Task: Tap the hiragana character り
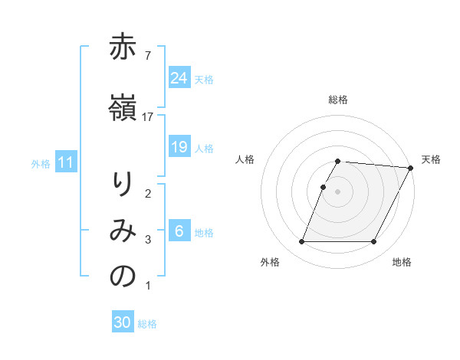(123, 185)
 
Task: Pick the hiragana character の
(123, 277)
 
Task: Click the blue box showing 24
(179, 77)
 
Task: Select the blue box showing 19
(179, 146)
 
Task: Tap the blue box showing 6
(179, 231)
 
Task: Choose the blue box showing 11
(65, 162)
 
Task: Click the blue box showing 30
(123, 322)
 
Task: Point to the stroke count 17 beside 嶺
(148, 116)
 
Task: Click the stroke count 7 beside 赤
(147, 55)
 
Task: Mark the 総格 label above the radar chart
(338, 100)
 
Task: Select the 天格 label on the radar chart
(431, 159)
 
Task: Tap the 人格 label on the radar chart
(245, 159)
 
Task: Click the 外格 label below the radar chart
(270, 263)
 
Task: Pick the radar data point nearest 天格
(411, 168)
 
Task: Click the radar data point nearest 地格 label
(374, 242)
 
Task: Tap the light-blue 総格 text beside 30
(147, 324)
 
